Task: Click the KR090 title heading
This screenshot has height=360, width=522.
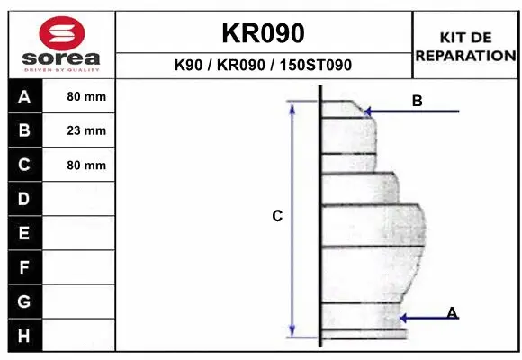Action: pos(263,32)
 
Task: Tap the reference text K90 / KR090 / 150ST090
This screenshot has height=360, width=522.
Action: pos(263,66)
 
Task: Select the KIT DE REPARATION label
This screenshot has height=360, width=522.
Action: pos(465,46)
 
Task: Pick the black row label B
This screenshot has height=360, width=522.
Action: pos(24,131)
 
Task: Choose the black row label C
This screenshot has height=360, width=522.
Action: pos(24,166)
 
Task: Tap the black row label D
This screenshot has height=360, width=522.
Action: pos(24,199)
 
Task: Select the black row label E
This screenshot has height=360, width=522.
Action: pos(24,233)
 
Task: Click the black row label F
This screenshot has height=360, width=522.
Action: pos(24,267)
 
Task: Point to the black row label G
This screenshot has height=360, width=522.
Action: pos(24,301)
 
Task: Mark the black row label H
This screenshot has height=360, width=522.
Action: pos(24,335)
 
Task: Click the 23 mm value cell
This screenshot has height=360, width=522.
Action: pos(86,131)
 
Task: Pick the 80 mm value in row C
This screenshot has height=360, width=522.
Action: pos(86,166)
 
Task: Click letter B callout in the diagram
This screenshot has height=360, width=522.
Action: pos(417,101)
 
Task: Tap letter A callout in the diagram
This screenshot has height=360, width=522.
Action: pos(453,312)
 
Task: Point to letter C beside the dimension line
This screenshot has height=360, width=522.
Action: pos(277,216)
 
